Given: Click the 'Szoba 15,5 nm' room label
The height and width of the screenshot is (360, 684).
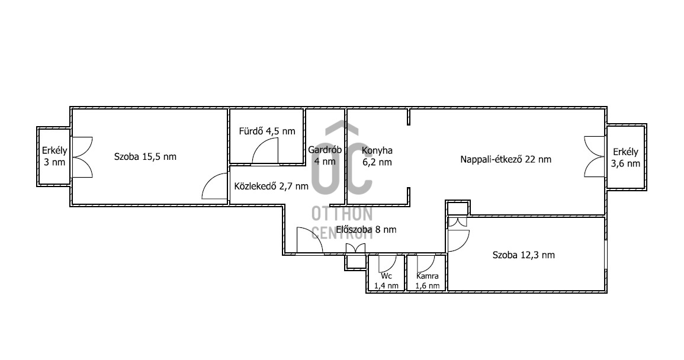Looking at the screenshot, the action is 145,157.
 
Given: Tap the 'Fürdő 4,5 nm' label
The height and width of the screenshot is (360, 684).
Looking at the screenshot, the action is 267,131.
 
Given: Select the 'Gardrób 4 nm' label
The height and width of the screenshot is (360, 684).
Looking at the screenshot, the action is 325,155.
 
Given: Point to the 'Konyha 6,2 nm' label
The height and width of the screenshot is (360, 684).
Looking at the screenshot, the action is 377,156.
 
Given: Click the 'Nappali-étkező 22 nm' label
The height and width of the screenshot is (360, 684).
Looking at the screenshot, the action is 506,159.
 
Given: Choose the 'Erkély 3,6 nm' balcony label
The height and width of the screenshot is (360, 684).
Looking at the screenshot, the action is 625,157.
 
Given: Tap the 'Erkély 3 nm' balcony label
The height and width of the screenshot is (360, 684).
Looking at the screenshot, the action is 54,156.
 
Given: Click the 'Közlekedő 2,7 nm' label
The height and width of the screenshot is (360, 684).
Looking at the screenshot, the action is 271,187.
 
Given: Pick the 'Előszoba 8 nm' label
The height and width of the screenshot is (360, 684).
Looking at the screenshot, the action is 366,230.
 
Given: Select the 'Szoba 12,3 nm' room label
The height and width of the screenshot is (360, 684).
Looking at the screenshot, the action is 524,255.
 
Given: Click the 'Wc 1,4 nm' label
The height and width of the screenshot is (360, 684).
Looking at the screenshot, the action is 386,281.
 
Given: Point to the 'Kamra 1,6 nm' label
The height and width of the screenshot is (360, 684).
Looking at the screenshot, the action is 427,281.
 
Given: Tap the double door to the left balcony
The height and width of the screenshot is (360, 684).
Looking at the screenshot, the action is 82,157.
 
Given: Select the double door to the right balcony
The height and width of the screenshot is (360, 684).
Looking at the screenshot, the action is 595,157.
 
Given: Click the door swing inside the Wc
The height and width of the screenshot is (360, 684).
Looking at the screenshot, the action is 387,263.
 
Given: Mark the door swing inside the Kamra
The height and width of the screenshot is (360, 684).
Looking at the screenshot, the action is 426,263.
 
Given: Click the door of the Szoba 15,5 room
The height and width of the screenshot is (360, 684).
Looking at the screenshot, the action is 215,187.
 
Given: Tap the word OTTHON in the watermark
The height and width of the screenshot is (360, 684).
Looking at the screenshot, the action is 342,214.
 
